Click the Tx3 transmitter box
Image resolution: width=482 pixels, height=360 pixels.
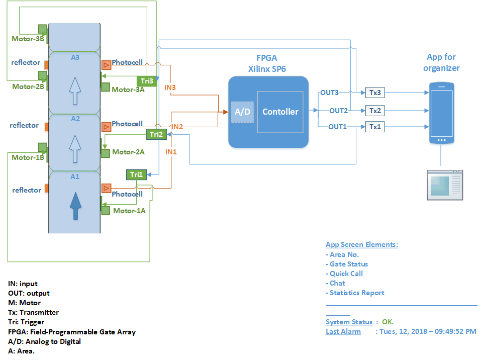point(375,93)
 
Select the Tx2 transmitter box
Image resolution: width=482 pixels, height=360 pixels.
point(375,111)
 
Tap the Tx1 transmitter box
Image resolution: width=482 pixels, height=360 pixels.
point(375,127)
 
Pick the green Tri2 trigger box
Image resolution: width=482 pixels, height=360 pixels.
point(156,134)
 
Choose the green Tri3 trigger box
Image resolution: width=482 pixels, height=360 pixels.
point(147,81)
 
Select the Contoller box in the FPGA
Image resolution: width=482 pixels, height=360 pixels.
point(280,112)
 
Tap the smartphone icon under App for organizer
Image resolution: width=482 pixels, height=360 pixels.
point(441,113)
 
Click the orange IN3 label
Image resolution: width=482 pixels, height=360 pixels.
point(170,88)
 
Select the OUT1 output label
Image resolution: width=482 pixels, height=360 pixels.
point(338,127)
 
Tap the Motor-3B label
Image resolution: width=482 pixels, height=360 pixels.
point(28,38)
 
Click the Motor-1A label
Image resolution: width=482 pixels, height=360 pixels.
point(129,211)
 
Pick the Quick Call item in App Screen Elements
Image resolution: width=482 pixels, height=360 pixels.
point(346,274)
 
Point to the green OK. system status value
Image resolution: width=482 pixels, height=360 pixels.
point(388,322)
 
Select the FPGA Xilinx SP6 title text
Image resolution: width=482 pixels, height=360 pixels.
point(267,63)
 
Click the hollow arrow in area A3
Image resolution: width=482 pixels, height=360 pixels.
point(75,91)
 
